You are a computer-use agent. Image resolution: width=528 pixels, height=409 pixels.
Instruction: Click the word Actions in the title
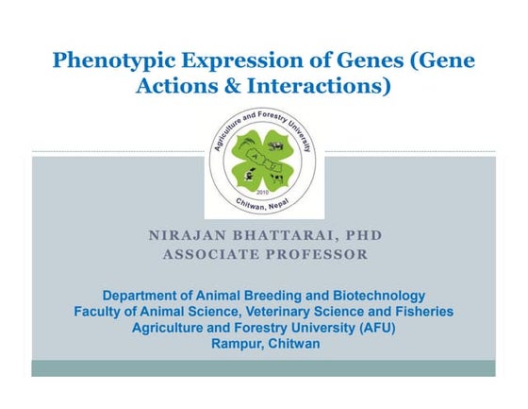pyautogui.click(x=173, y=87)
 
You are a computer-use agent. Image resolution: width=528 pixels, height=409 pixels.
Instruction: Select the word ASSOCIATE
pyautogui.click(x=207, y=254)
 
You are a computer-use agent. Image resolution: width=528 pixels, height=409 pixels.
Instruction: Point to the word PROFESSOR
pyautogui.click(x=313, y=254)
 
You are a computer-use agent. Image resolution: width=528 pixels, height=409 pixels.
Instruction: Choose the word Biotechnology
pyautogui.click(x=373, y=296)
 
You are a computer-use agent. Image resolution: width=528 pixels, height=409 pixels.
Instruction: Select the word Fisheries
pyautogui.click(x=421, y=312)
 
